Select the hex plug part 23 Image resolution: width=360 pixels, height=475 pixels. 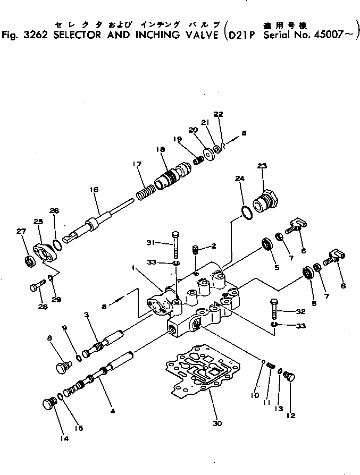point(265,202)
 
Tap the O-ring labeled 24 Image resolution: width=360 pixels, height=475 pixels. point(246,212)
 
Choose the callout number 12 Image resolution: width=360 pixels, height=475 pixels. point(291,415)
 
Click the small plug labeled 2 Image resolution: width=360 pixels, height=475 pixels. point(195,248)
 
